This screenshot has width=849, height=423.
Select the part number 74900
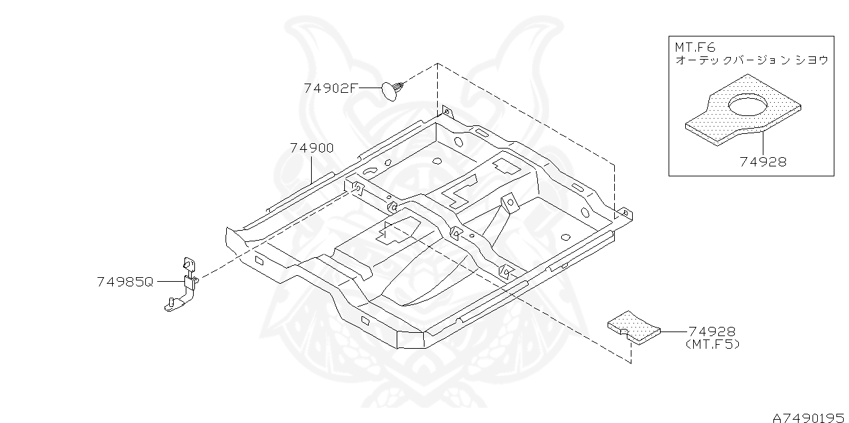311,148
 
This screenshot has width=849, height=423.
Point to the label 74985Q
125,282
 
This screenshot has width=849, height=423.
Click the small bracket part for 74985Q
183,285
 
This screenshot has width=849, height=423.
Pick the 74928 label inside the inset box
763,162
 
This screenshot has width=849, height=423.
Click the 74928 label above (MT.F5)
712,332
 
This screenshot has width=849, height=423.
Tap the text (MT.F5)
712,345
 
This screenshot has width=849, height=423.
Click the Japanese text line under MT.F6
751,60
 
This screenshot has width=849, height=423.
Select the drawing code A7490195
809,416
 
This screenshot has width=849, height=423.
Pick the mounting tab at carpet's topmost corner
446,111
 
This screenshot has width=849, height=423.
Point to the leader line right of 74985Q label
169,282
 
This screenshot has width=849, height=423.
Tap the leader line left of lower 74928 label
673,331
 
